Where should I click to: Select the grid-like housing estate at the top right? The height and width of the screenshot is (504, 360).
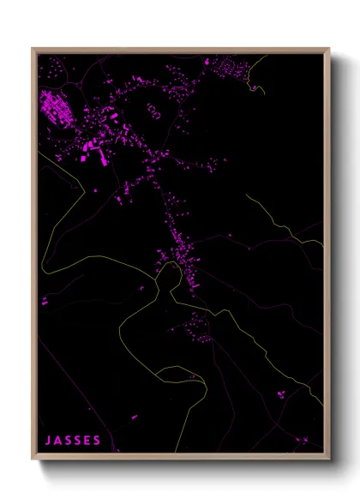229,66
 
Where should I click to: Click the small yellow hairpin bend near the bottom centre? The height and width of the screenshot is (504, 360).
180,370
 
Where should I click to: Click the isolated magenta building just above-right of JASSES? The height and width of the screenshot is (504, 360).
134,417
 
